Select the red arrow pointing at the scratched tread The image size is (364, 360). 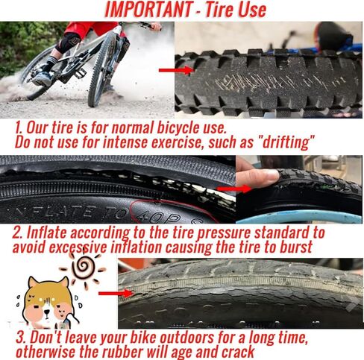(173, 71)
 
